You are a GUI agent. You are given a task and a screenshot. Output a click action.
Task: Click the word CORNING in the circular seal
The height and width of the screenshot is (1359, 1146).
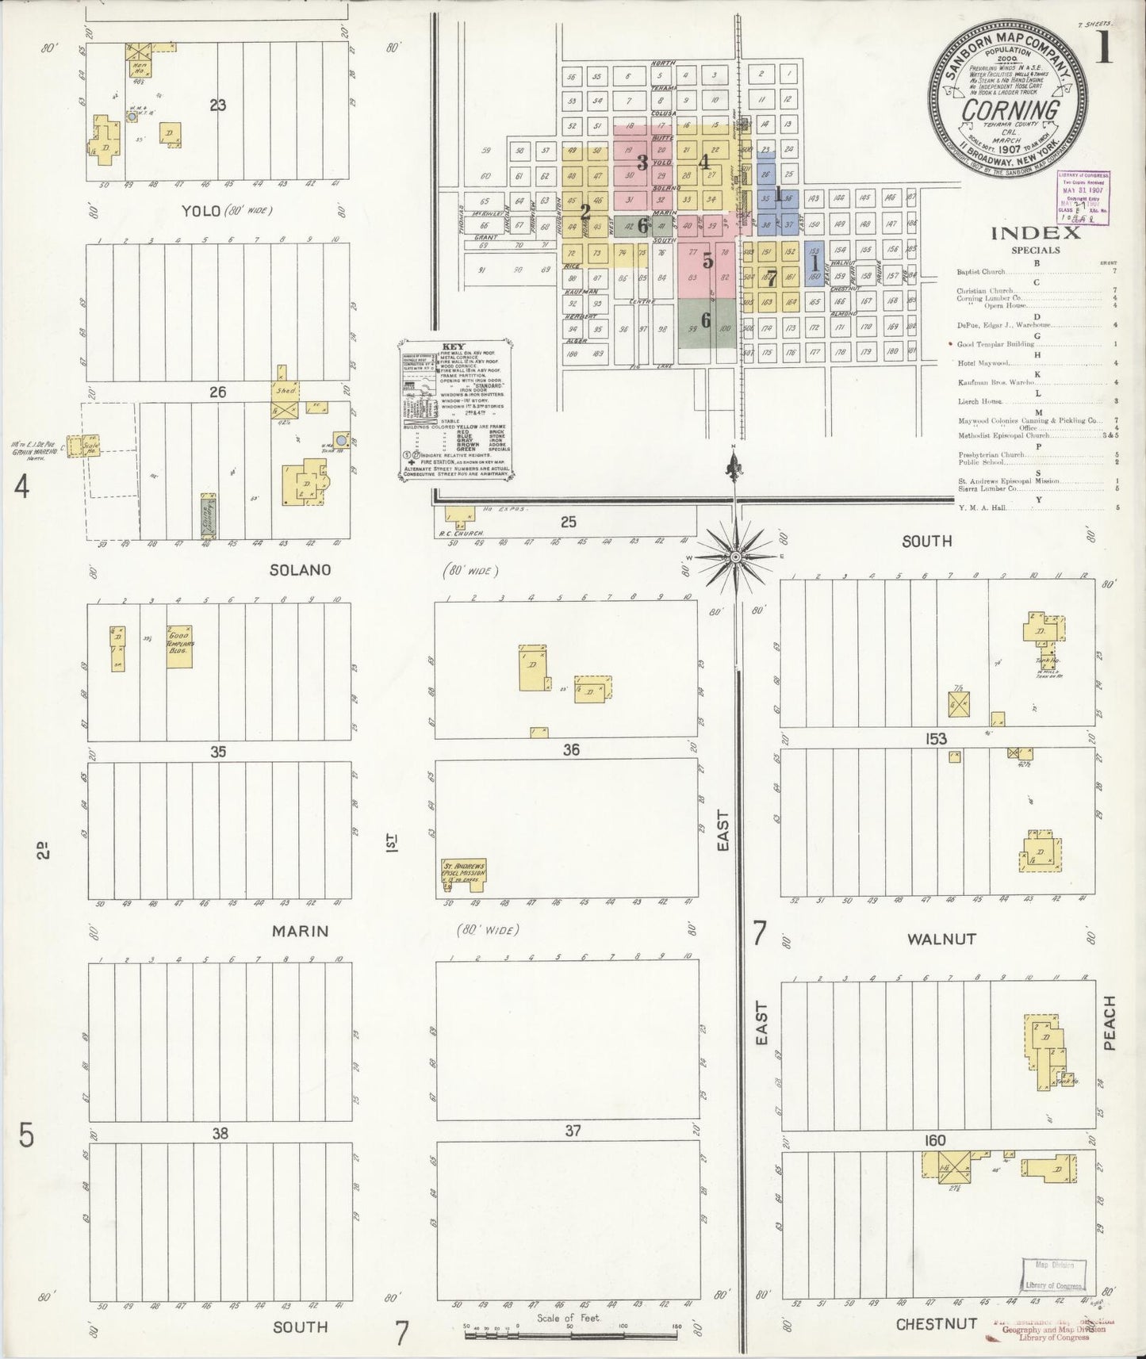point(1010,109)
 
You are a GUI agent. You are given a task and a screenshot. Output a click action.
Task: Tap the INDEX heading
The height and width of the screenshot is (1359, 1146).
point(1035,232)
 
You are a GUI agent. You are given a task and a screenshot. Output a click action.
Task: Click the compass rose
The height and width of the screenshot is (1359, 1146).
point(736,557)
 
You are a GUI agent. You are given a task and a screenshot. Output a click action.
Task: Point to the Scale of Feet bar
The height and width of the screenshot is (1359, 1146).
point(570,1335)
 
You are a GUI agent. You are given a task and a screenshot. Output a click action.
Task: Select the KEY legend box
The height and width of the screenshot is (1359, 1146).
point(455,410)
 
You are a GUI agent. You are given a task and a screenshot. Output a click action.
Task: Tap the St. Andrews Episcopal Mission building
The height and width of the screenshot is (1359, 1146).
point(465,871)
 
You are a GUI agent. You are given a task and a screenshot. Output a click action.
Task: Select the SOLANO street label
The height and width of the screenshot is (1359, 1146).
point(300,570)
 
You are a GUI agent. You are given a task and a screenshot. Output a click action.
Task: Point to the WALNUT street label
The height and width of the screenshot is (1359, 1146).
point(941,939)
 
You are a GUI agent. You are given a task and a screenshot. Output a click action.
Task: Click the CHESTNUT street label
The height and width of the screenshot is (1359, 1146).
point(936,1324)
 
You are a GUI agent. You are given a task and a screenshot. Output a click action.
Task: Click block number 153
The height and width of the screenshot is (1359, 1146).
point(936,739)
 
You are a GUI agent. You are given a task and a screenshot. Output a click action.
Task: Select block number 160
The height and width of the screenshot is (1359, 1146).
point(935,1140)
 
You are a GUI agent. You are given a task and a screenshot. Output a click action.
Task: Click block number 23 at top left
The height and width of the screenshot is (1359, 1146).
point(217,104)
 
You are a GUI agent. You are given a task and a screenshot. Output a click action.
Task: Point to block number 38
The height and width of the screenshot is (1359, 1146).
point(220,1134)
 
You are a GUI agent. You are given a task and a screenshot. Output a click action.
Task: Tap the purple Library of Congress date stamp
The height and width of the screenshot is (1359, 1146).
point(1083,198)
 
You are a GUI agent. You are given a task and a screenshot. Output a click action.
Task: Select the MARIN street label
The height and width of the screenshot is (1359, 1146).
point(300,931)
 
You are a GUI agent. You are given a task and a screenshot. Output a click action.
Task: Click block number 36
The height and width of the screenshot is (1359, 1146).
point(571,749)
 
